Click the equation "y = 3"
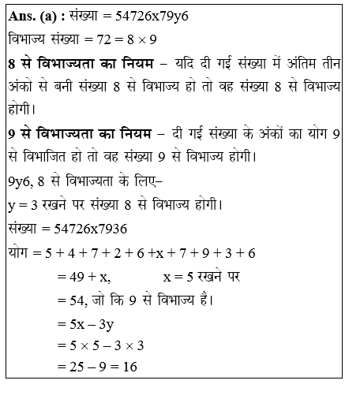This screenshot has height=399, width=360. pos(24,208)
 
